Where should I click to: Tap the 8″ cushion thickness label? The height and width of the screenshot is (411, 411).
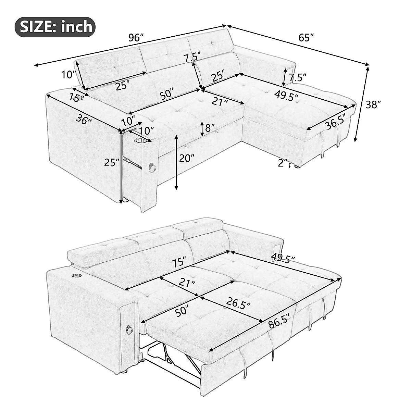tap(209, 128)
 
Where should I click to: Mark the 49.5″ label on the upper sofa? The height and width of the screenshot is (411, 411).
tap(286, 96)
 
